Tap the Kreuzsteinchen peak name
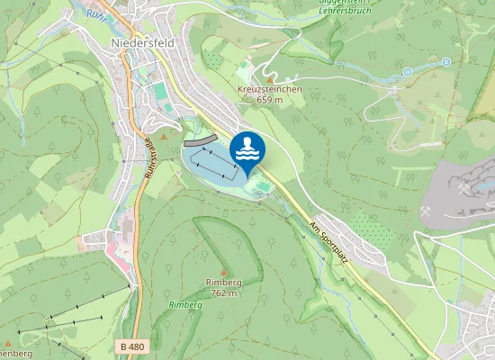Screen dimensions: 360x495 click(269, 90)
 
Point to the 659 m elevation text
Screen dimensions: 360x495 click(269, 100)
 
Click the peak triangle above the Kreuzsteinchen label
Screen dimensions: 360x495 click(268, 79)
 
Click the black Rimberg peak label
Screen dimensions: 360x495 click(223, 283)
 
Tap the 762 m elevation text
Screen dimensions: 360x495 click(223, 292)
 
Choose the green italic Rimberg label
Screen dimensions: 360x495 click(185, 305)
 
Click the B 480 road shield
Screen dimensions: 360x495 click(131, 346)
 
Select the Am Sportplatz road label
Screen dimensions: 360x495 click(328, 242)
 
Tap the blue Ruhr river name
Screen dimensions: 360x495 click(94, 13)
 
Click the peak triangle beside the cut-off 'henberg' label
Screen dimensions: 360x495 click(7, 343)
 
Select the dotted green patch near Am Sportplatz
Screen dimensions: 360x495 click(372, 229)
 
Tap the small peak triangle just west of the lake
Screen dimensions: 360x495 click(164, 136)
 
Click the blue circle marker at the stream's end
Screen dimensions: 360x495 click(446, 62)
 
